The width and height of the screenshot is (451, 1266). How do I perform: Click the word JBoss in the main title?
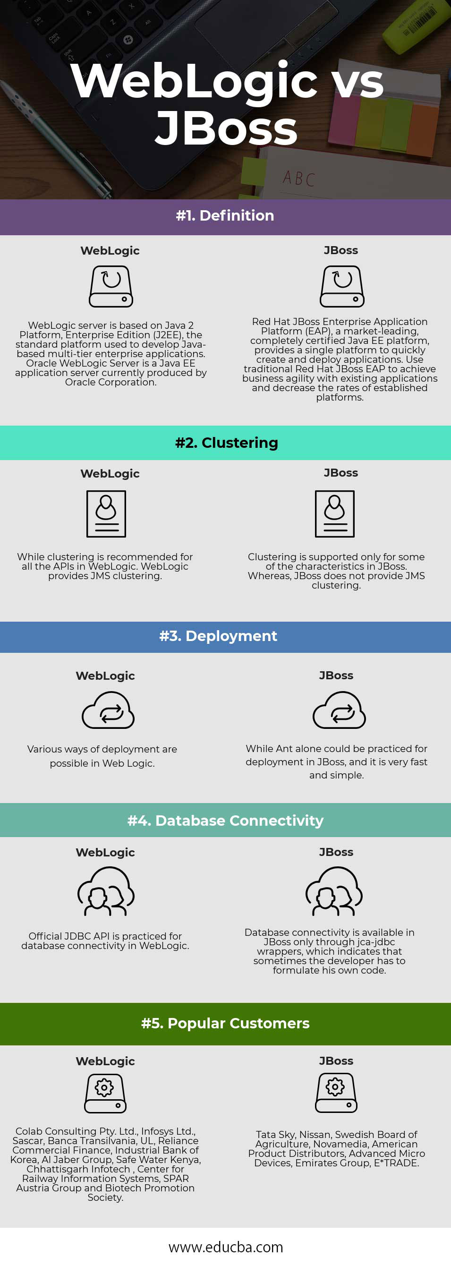pyautogui.click(x=226, y=128)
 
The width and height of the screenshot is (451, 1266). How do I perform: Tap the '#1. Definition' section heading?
pyautogui.click(x=225, y=215)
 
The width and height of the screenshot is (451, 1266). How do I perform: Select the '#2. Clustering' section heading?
pyautogui.click(x=227, y=442)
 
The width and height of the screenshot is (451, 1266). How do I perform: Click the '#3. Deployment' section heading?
pyautogui.click(x=218, y=635)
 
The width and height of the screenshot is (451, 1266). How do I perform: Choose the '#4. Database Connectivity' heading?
pyautogui.click(x=226, y=820)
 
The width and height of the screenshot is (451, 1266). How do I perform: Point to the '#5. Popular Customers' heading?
pyautogui.click(x=226, y=1023)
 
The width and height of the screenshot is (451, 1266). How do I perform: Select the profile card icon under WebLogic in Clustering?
pyautogui.click(x=106, y=513)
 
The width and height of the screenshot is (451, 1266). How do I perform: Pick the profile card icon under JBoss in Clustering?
pyautogui.click(x=334, y=513)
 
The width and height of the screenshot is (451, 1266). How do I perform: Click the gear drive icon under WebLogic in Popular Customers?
pyautogui.click(x=105, y=1094)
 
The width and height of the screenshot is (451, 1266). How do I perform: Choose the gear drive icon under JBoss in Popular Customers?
pyautogui.click(x=336, y=1093)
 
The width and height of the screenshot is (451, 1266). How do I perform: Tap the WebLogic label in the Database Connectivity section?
pyautogui.click(x=105, y=852)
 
